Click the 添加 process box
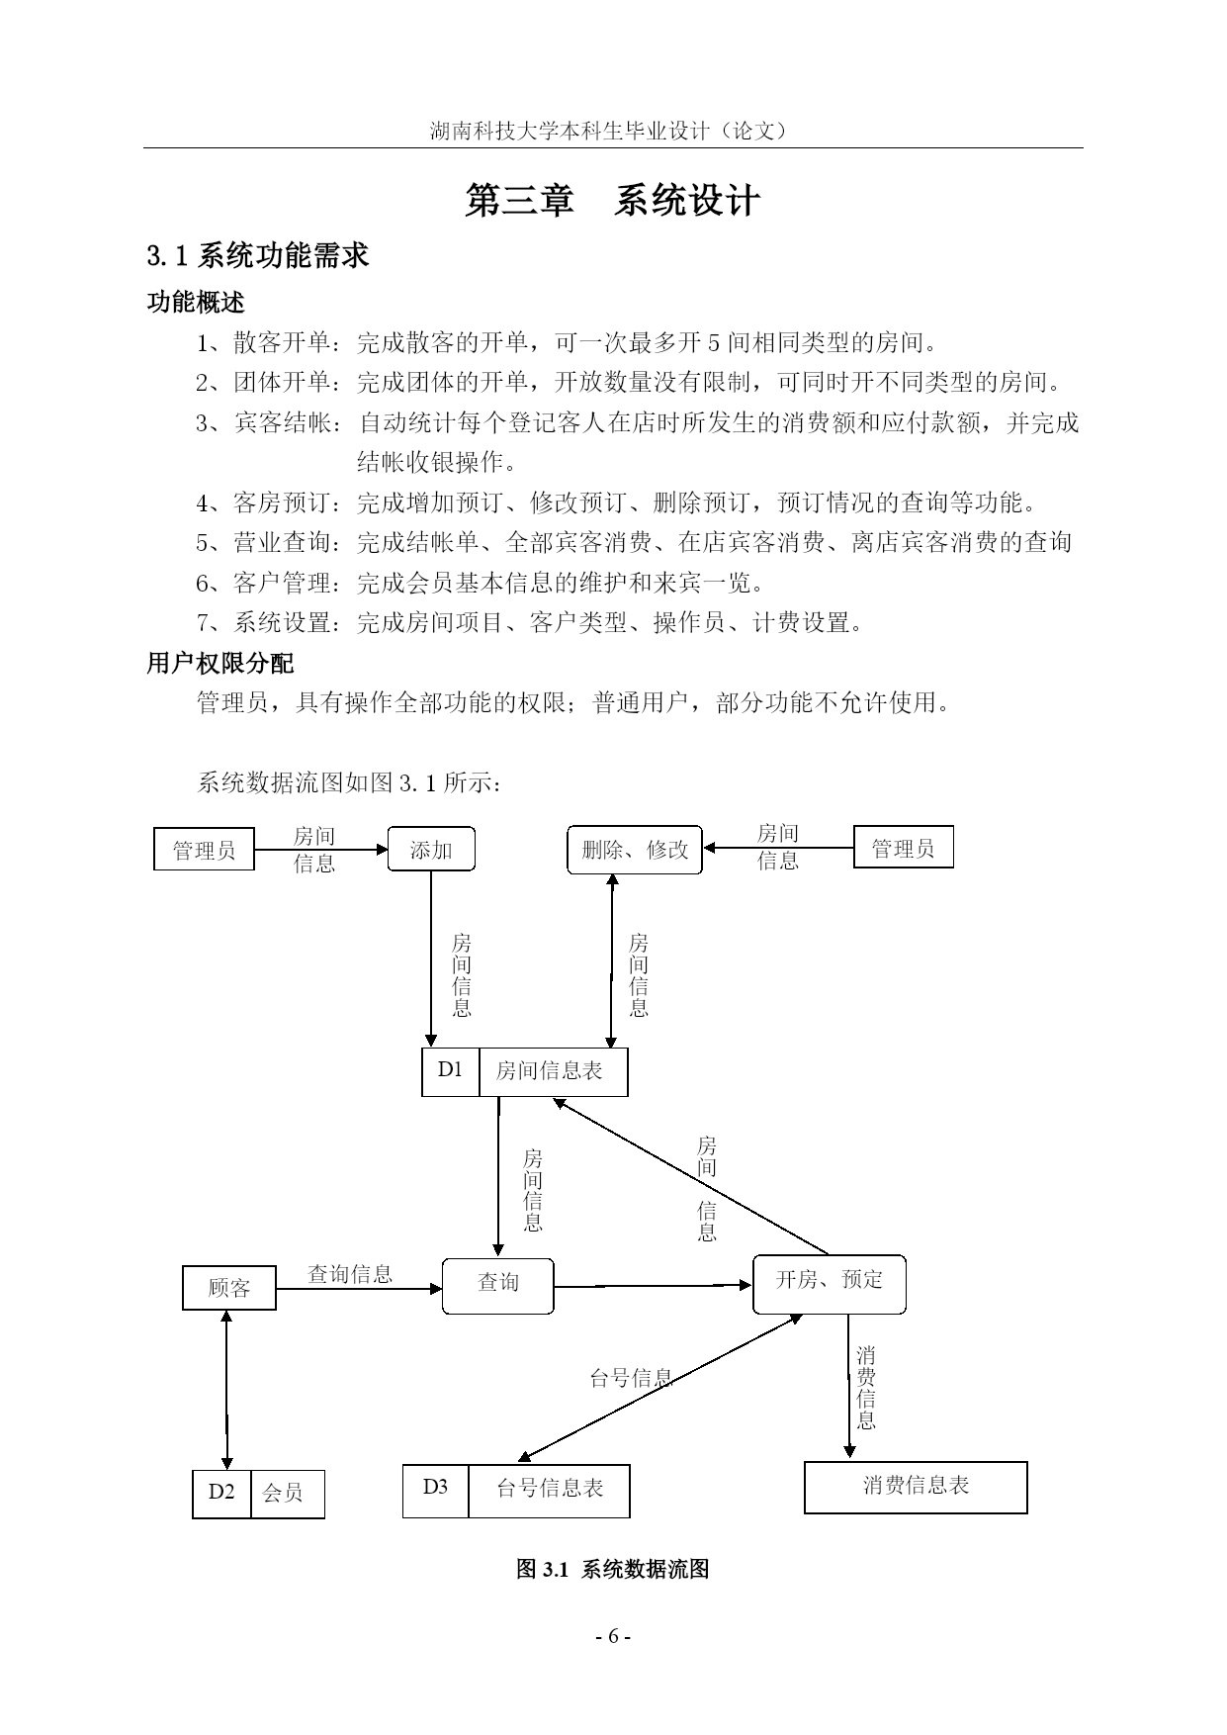[x=430, y=849]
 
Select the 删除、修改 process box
[x=635, y=850]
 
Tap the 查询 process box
[x=498, y=1285]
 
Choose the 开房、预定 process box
[x=829, y=1283]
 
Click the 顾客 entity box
[x=229, y=1287]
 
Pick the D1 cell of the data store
[x=451, y=1071]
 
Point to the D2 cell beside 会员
[x=222, y=1494]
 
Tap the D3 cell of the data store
[x=436, y=1490]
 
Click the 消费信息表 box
[x=916, y=1487]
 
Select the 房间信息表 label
[x=549, y=1071]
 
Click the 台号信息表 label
[x=550, y=1489]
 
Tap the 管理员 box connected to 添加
[x=205, y=850]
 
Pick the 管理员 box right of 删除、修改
[x=903, y=848]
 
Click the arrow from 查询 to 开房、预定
[x=654, y=1286]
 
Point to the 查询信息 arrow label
[x=350, y=1274]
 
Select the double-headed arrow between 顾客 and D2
[x=227, y=1390]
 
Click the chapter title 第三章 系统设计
[x=613, y=201]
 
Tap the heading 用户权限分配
[x=220, y=663]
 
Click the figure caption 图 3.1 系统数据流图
[x=613, y=1569]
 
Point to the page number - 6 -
[x=613, y=1635]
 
